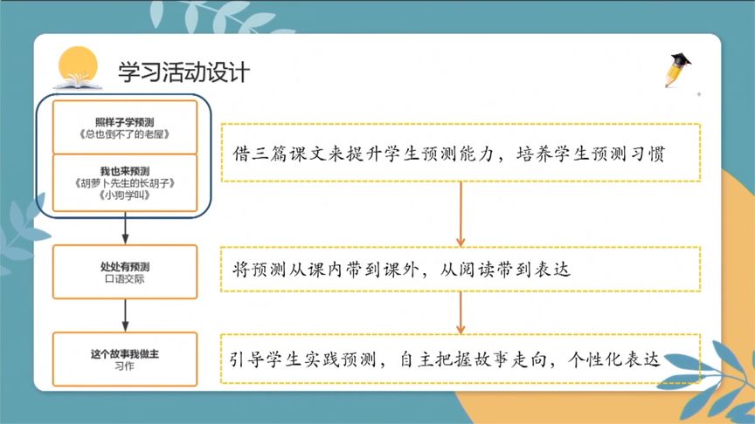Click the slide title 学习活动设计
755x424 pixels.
[184, 72]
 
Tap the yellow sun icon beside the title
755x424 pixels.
[78, 65]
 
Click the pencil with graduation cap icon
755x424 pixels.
[678, 70]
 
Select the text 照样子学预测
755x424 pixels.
[125, 122]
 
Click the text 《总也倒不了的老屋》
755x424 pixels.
[125, 134]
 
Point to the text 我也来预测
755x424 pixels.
[125, 171]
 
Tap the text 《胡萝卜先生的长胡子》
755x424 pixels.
[125, 183]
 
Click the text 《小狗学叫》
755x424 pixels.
[125, 195]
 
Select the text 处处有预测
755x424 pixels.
[125, 267]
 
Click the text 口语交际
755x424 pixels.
[125, 279]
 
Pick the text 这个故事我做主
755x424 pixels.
[125, 354]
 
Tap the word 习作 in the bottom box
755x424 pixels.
[125, 366]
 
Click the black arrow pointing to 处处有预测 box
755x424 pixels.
[125, 229]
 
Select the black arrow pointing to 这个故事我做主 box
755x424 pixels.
[125, 315]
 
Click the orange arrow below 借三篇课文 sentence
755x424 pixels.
[461, 215]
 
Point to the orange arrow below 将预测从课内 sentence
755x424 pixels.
[461, 313]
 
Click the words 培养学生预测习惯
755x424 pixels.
[591, 154]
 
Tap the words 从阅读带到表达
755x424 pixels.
[505, 270]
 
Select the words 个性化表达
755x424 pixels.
[614, 359]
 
